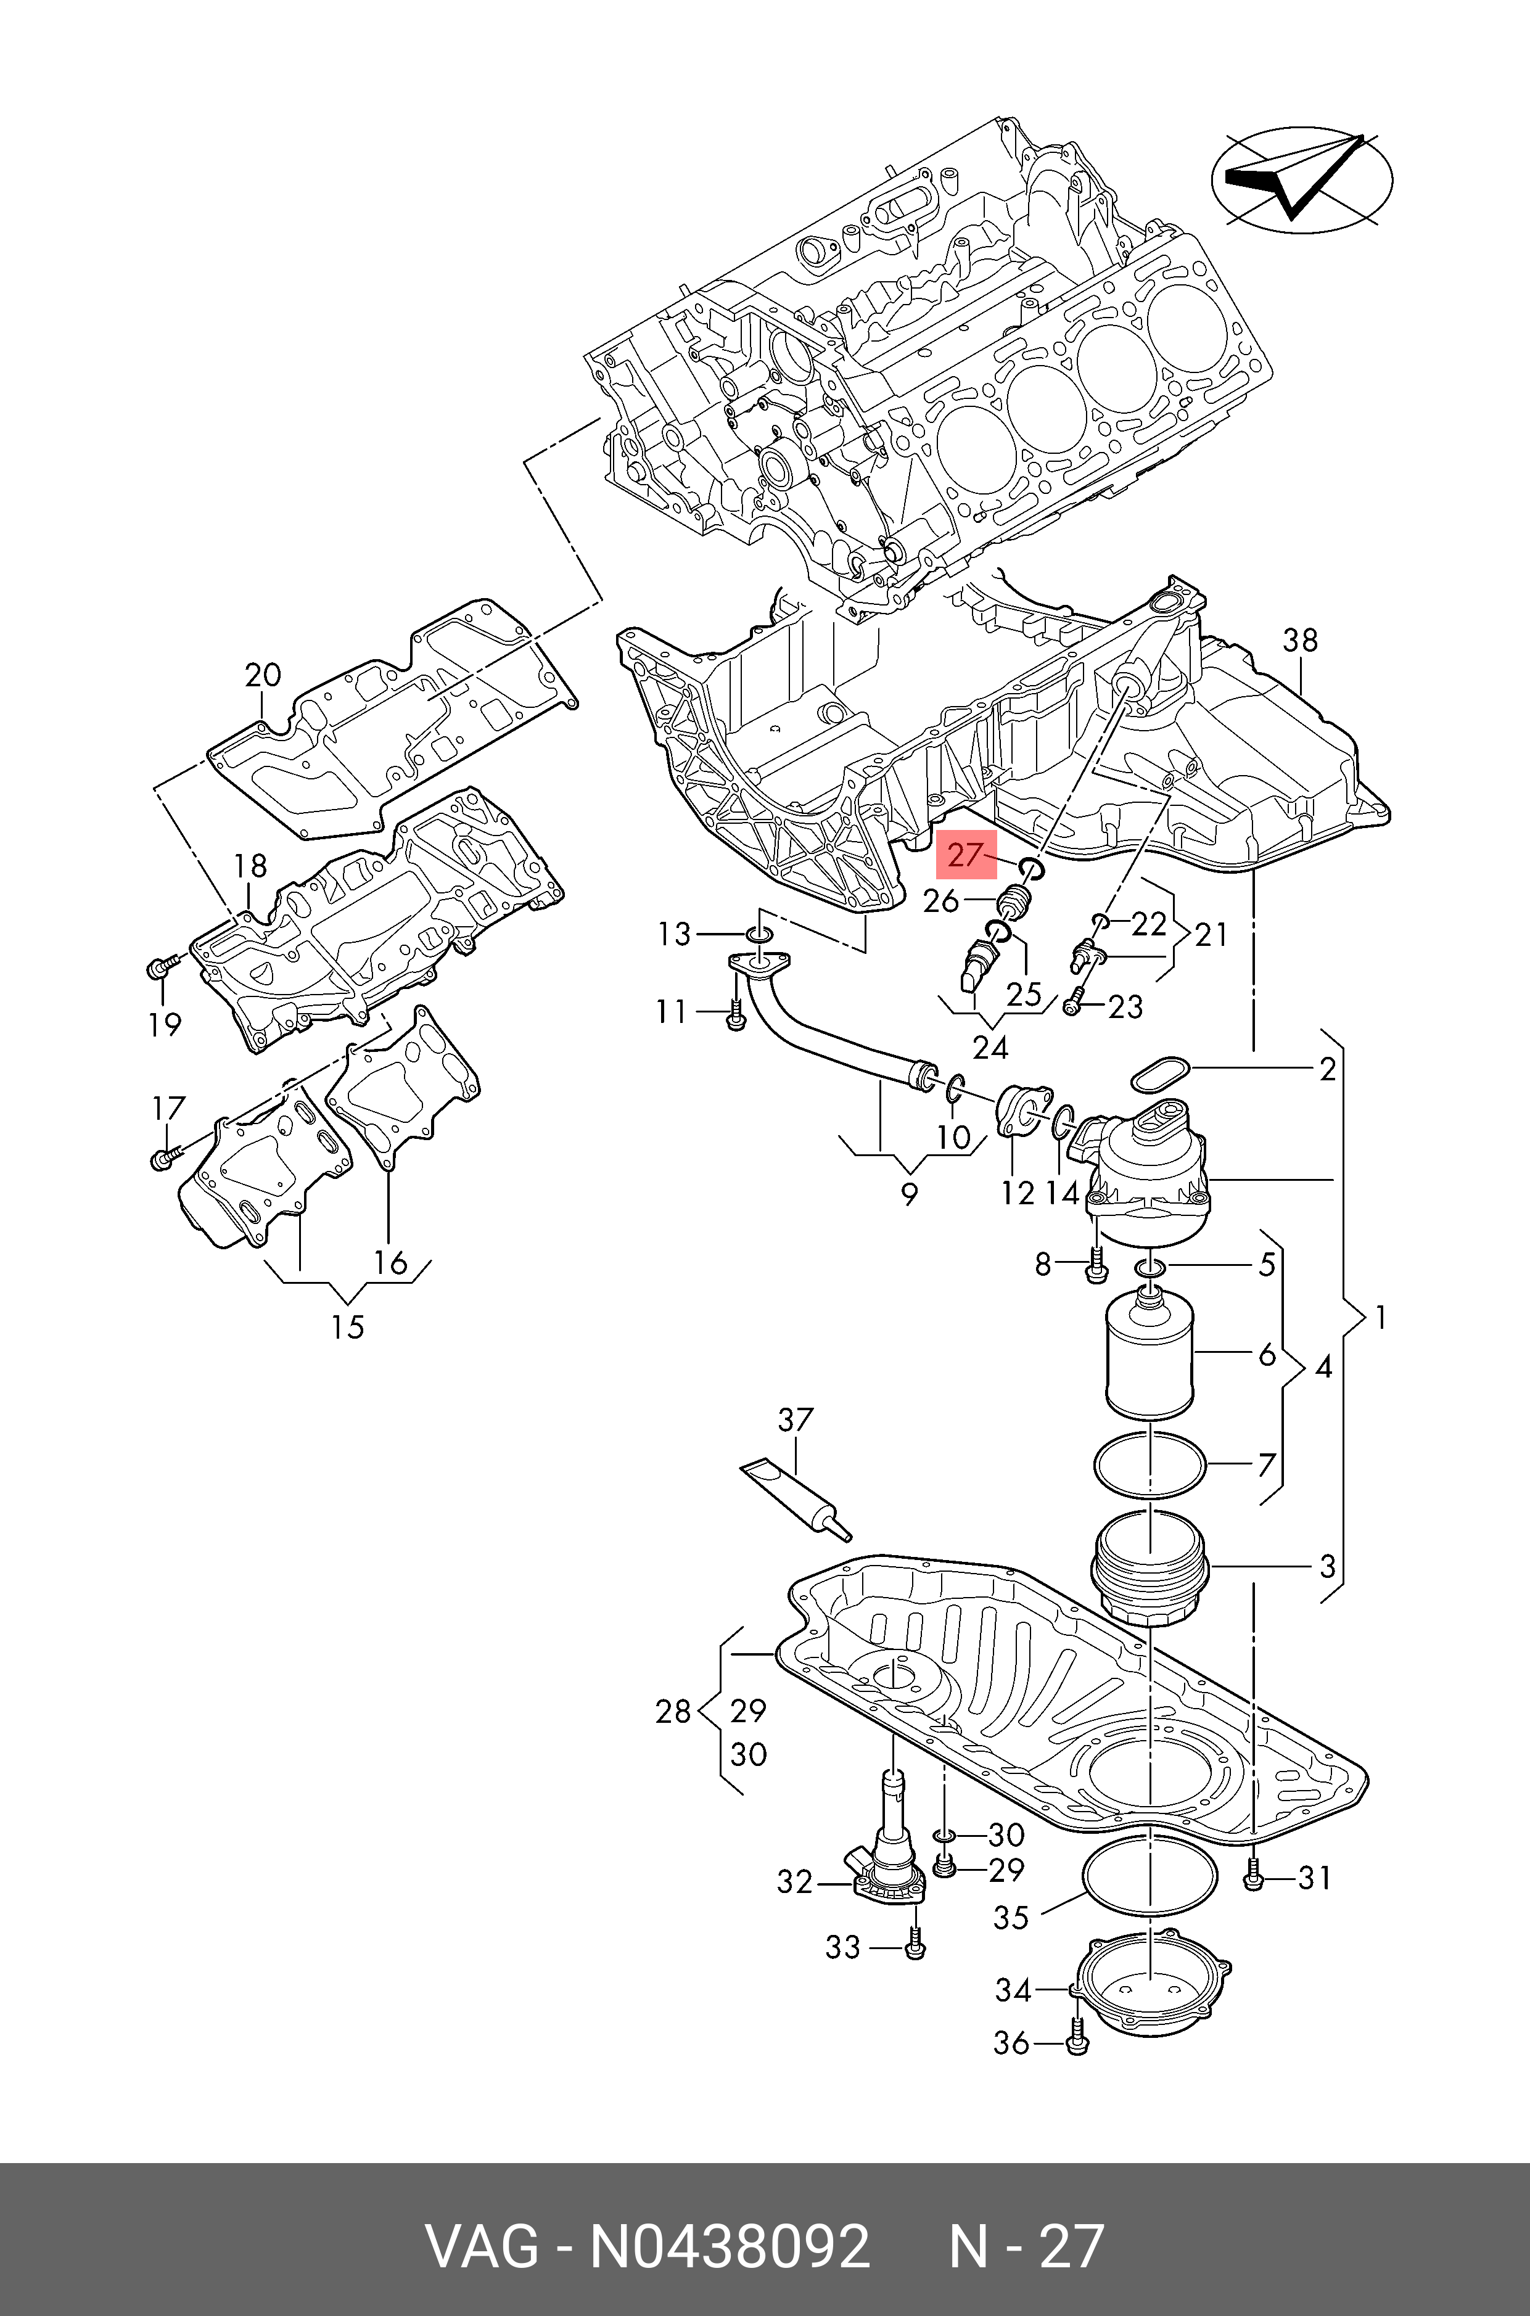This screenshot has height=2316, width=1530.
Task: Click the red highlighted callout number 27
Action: click(x=965, y=856)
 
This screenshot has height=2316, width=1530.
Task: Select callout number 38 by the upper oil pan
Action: click(x=1300, y=640)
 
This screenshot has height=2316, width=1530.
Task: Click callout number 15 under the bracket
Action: click(x=347, y=1327)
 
